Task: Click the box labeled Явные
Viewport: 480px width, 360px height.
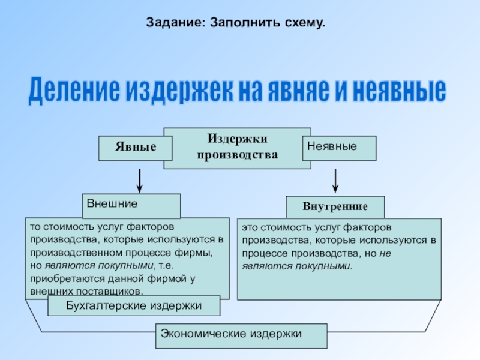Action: pos(136,148)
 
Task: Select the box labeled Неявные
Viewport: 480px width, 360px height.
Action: pos(339,148)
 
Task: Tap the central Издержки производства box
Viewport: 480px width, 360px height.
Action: pos(238,148)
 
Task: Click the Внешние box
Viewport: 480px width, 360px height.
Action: pos(131,206)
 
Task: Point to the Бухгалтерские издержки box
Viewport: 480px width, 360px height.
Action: pos(134,306)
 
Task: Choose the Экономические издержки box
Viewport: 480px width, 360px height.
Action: pos(242,335)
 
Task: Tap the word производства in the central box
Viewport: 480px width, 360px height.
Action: pos(238,155)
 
